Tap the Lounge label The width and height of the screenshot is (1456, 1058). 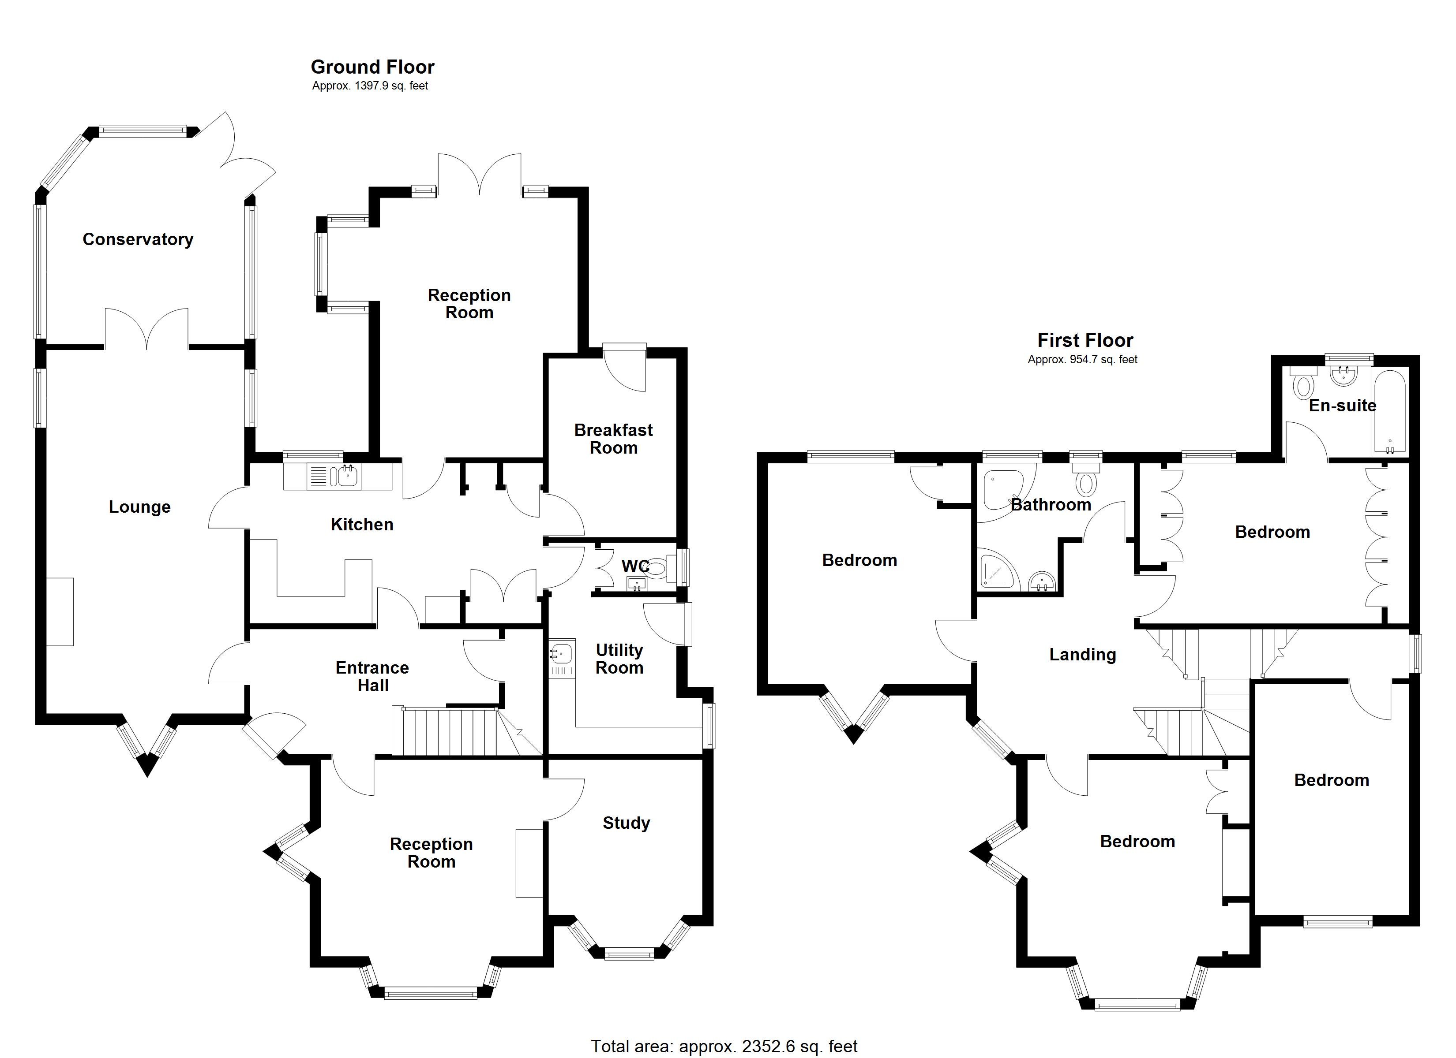coord(139,507)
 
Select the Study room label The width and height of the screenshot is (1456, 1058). coord(626,823)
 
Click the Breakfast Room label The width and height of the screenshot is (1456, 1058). coord(613,439)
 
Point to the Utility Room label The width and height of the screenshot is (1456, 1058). coord(619,659)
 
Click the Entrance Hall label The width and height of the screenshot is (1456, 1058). coord(372,676)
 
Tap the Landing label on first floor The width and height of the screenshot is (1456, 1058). coord(1082,655)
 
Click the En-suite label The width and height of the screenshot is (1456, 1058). coord(1342,406)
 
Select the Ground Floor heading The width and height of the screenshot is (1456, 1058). coord(372,67)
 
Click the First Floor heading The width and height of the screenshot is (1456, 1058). coord(1085,340)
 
